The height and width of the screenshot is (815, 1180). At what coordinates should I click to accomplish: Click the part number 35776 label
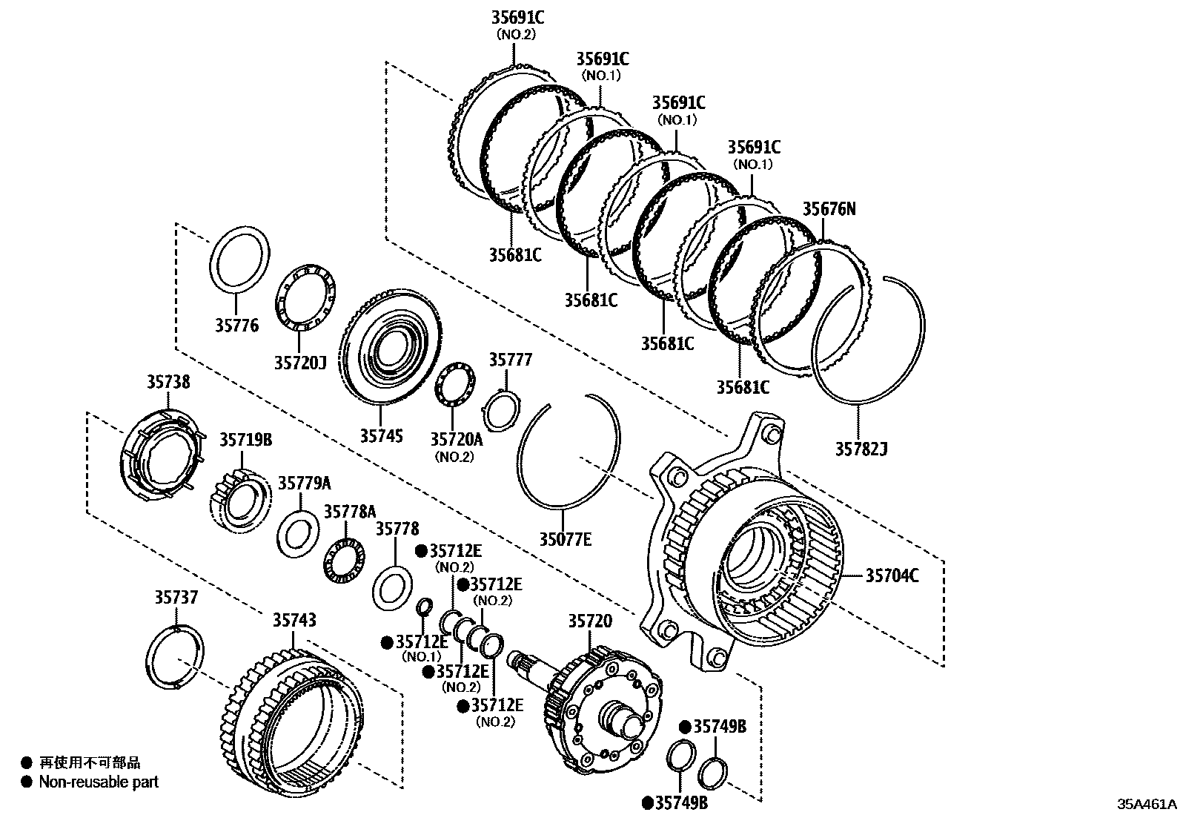(x=237, y=325)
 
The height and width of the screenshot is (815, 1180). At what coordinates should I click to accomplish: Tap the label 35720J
(x=299, y=363)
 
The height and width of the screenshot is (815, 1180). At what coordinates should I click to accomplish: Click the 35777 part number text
(x=510, y=360)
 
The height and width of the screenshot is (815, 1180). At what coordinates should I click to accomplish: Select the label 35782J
(x=861, y=449)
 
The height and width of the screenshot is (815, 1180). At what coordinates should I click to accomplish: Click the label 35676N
(x=829, y=209)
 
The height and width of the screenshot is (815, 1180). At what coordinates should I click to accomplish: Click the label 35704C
(x=892, y=575)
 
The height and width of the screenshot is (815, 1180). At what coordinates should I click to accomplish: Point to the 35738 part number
(x=168, y=382)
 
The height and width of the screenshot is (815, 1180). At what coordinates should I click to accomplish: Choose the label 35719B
(x=245, y=440)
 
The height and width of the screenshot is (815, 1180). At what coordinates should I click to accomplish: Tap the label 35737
(x=176, y=597)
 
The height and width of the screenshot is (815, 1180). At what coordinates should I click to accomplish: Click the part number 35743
(x=294, y=620)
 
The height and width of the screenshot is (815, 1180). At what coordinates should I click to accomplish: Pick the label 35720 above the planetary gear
(x=590, y=621)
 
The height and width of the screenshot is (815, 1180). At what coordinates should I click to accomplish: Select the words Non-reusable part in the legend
(x=99, y=781)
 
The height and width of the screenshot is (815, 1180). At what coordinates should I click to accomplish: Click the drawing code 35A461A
(x=1147, y=804)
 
